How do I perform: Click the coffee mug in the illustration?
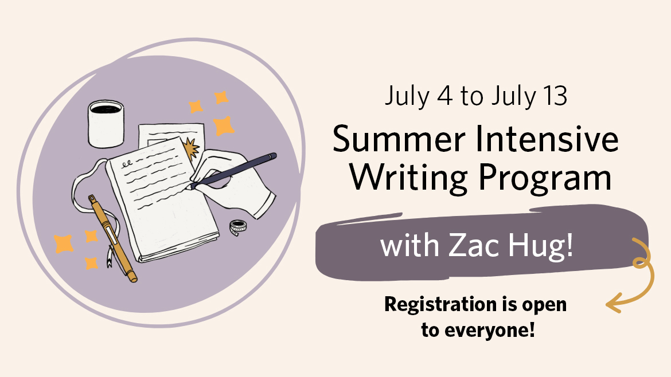(x=106, y=124)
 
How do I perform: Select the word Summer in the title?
(x=399, y=139)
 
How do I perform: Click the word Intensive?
(x=547, y=139)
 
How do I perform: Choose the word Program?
(x=545, y=178)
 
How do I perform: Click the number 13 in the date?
(x=555, y=96)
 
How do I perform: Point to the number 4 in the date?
(x=444, y=96)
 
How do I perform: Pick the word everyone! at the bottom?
(x=490, y=330)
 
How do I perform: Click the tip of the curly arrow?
(x=607, y=305)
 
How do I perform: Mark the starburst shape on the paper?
(x=191, y=148)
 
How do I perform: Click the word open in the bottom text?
(x=544, y=305)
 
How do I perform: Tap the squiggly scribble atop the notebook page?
(x=127, y=164)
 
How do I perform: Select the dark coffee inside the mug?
(x=106, y=109)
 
